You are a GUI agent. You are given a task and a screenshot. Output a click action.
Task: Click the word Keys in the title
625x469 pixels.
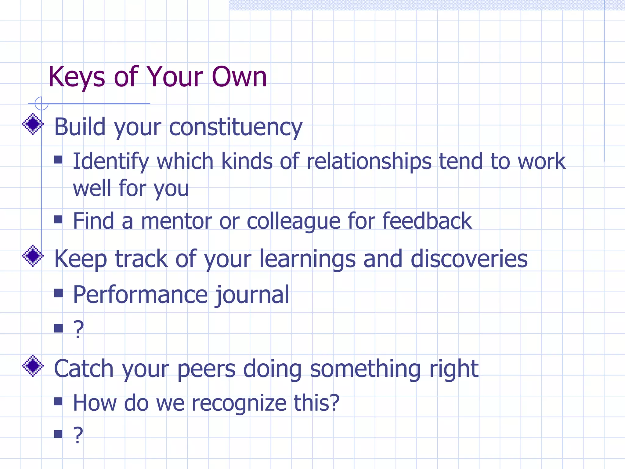(77, 78)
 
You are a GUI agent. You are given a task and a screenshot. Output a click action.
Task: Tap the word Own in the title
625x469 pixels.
(239, 77)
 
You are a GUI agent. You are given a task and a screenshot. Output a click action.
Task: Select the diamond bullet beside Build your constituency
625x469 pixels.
(33, 124)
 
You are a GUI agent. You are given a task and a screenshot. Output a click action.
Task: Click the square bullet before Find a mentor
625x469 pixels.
(58, 219)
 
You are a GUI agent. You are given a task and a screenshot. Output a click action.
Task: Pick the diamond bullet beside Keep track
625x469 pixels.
(33, 256)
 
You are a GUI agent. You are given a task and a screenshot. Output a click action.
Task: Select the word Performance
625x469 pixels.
(140, 295)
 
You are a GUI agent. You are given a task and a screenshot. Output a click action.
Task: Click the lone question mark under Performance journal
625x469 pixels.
(78, 329)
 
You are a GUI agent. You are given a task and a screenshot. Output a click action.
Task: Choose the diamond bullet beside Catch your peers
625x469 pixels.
(33, 365)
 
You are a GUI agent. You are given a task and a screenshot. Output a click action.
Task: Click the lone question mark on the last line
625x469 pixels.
(78, 435)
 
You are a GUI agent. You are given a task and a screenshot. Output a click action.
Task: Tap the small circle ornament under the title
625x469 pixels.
(42, 104)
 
